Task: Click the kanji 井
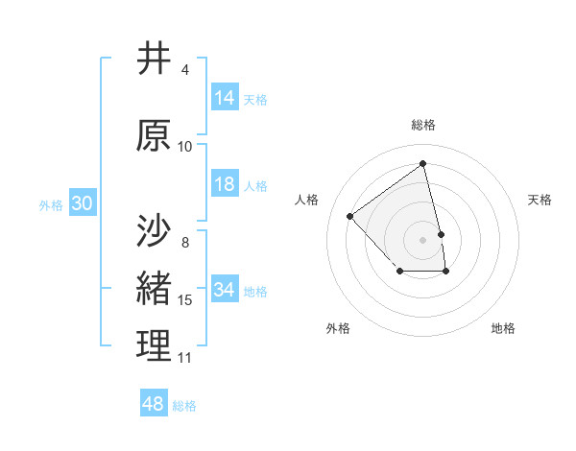155,59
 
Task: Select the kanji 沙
155,230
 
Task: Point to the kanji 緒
155,288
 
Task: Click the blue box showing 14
225,98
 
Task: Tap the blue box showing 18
225,184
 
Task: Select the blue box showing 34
225,290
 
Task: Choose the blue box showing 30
82,203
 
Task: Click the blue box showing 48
154,404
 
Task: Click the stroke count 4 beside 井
184,70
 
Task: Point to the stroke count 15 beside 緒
185,300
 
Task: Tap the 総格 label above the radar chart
423,125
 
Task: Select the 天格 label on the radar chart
540,200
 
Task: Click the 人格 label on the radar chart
307,200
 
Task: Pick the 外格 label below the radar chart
338,328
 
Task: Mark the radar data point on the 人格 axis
350,216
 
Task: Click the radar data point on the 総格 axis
423,164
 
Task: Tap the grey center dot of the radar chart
423,239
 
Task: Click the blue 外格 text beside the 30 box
51,204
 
